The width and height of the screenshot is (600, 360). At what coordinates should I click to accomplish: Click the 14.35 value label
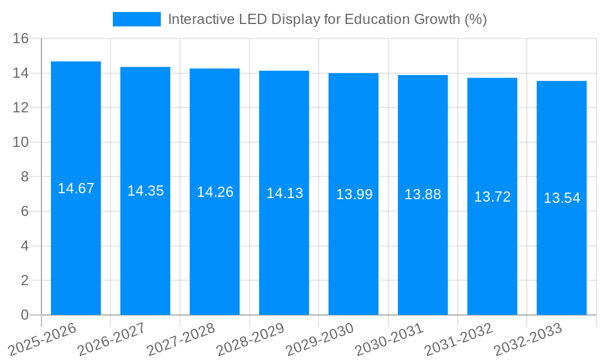click(x=145, y=191)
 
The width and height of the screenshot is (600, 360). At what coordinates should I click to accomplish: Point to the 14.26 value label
click(x=215, y=192)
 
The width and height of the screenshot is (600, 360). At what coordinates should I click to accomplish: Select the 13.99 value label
click(x=354, y=194)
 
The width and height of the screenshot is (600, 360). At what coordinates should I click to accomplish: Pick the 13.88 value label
click(x=422, y=194)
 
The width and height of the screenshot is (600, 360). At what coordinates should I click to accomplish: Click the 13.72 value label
click(x=492, y=197)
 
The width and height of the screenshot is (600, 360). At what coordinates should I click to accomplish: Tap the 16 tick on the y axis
click(x=20, y=38)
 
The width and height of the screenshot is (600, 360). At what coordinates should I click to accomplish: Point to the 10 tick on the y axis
click(x=20, y=142)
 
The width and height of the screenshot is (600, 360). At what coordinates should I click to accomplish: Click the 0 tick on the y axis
click(x=25, y=315)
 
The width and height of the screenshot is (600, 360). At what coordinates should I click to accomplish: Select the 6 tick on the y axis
click(x=25, y=211)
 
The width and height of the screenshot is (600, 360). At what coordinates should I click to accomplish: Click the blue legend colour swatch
click(x=137, y=19)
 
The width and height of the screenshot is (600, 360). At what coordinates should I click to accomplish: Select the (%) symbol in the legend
click(x=476, y=19)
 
